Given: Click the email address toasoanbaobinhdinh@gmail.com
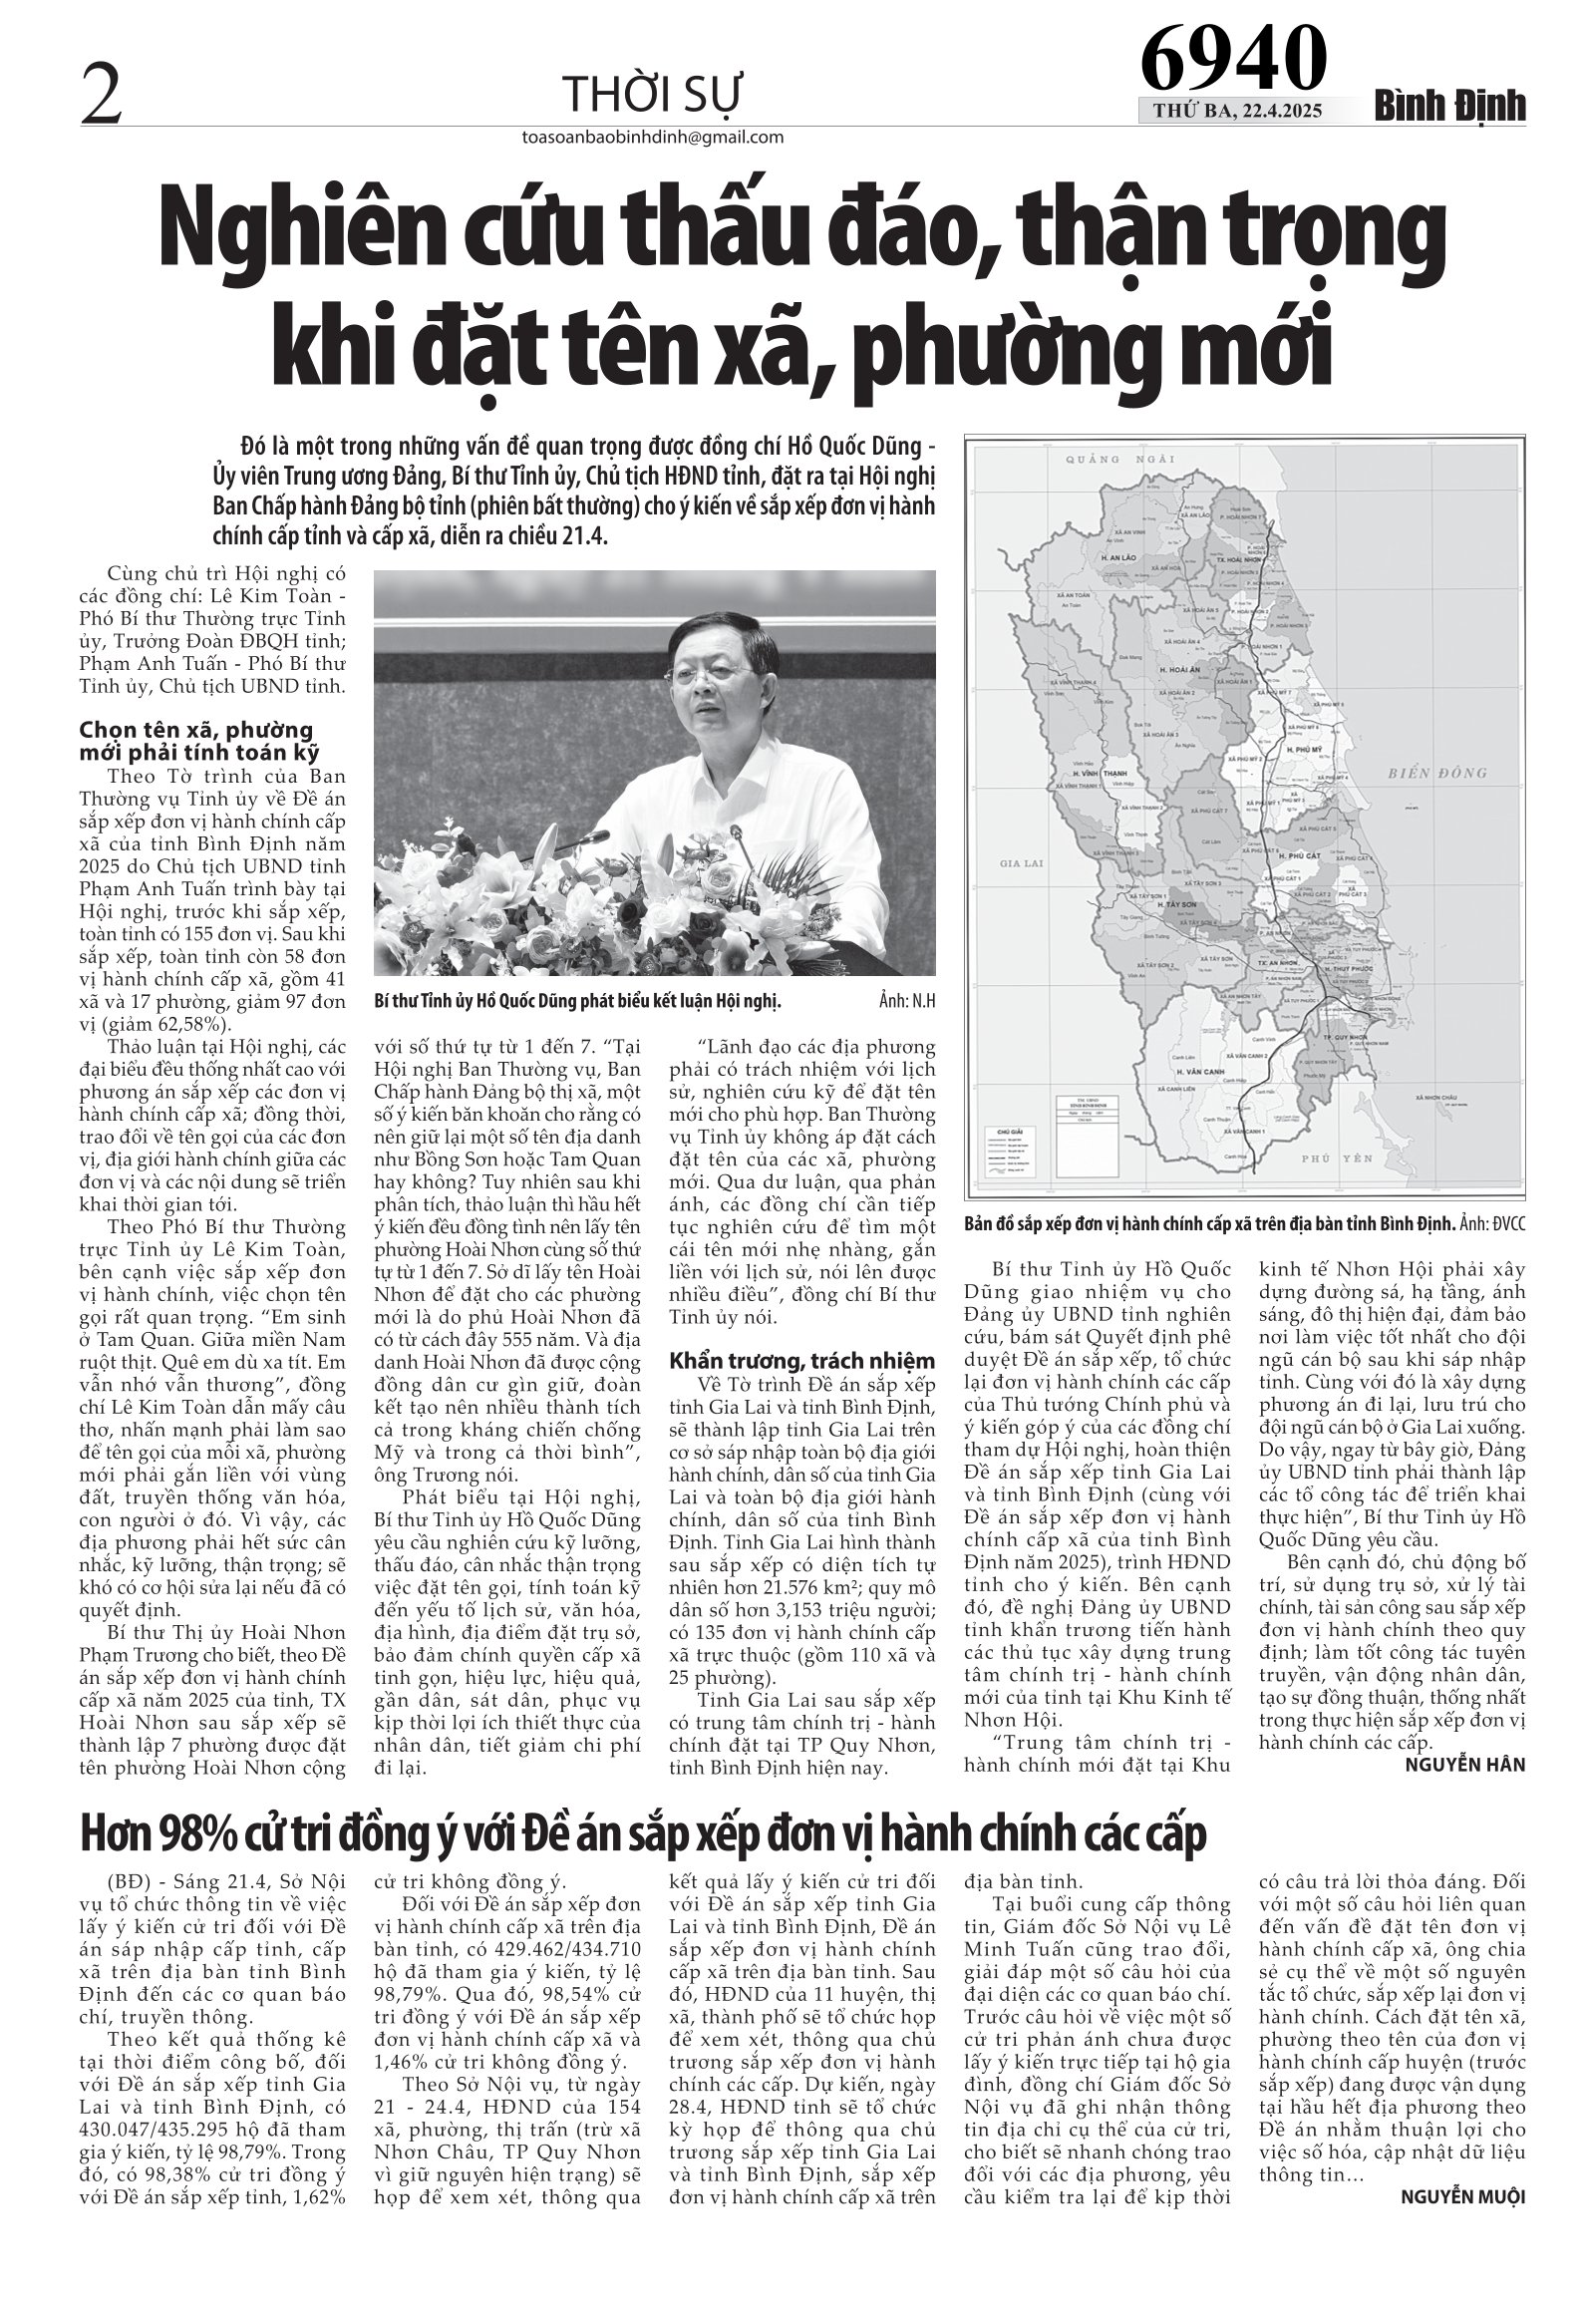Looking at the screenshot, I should [x=652, y=138].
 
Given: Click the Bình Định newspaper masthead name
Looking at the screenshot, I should [x=1450, y=107].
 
